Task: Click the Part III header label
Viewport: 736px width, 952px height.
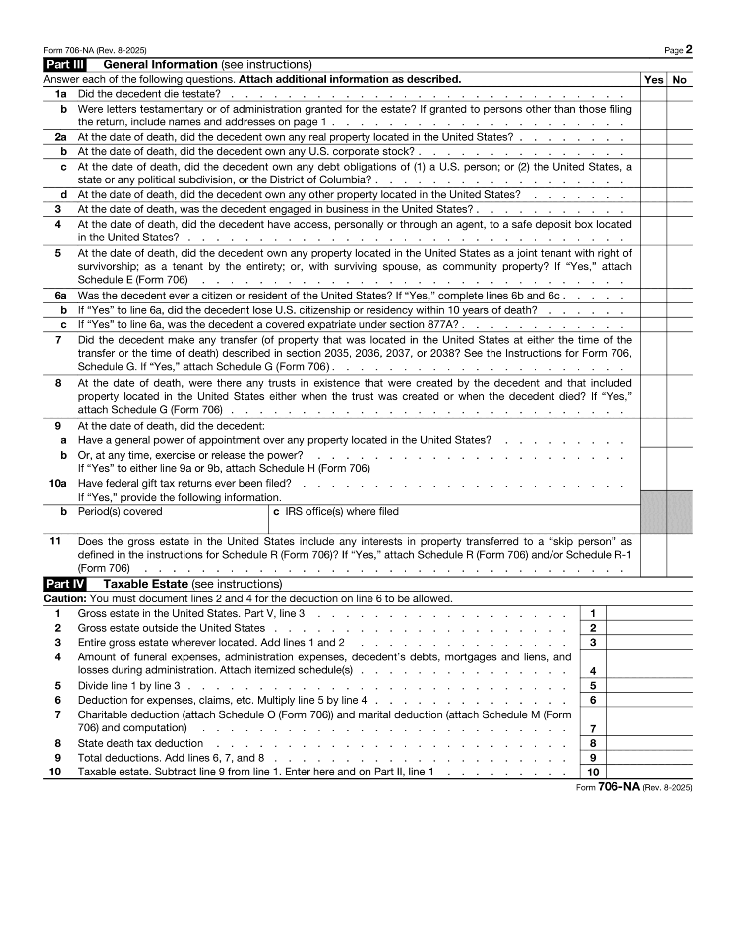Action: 64,65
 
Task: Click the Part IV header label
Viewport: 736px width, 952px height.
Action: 64,584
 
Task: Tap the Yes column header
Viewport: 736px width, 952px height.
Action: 653,80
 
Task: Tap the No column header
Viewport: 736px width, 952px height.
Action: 679,80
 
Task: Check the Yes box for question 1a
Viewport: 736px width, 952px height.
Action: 653,94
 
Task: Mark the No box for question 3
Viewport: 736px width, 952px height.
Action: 679,209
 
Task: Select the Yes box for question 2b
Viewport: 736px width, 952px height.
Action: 653,152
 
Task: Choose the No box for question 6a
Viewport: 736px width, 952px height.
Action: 679,296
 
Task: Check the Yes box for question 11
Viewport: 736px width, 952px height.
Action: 653,555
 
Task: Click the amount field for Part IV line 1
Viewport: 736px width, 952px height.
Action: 649,613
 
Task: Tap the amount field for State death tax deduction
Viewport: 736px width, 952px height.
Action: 649,743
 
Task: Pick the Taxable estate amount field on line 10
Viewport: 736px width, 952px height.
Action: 649,772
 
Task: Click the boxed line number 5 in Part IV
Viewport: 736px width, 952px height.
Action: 593,686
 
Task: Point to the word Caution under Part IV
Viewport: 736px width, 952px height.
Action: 64,599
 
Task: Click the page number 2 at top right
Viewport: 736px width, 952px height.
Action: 689,50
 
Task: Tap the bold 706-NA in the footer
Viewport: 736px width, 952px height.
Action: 618,787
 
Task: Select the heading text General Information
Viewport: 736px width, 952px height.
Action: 160,65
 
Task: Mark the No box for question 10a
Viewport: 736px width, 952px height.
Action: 679,483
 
